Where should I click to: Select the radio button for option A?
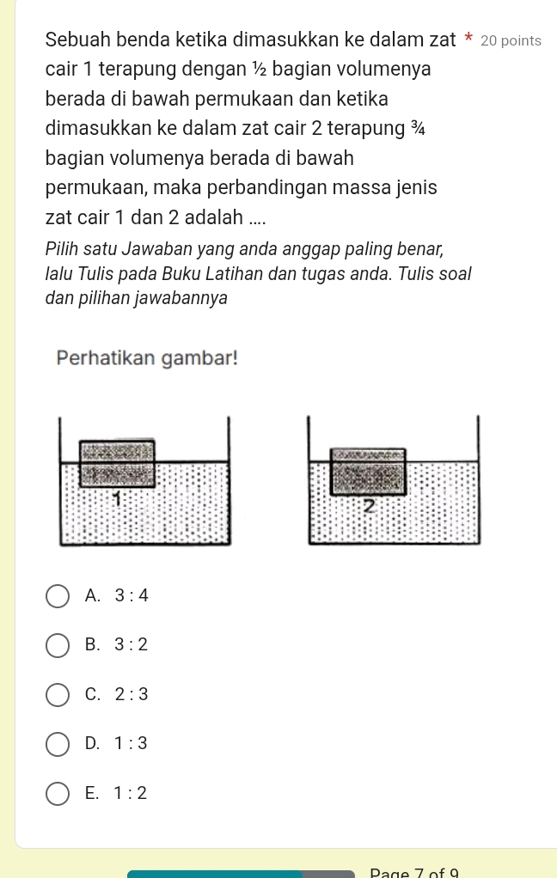click(x=57, y=595)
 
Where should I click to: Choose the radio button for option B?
click(x=57, y=644)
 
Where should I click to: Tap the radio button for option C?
click(x=57, y=694)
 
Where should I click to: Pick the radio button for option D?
click(x=57, y=744)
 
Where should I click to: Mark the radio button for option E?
click(x=57, y=794)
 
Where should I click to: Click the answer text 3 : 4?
click(x=132, y=595)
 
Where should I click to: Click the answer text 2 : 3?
click(x=132, y=694)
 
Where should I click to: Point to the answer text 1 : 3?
click(x=132, y=744)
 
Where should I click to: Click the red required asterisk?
click(x=468, y=40)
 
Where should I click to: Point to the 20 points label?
click(x=511, y=40)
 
